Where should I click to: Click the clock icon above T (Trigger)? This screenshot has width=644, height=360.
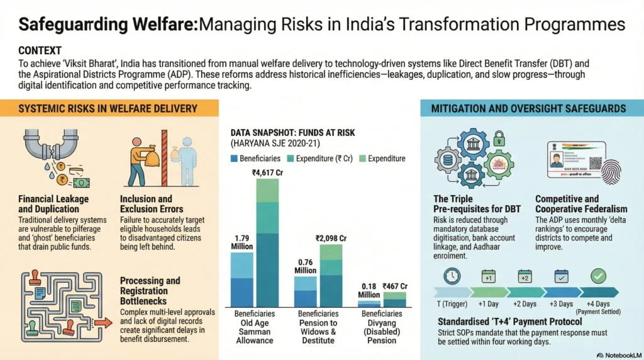(x=452, y=276)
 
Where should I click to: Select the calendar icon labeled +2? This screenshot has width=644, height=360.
(x=525, y=276)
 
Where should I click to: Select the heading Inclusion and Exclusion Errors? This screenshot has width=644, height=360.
(x=151, y=204)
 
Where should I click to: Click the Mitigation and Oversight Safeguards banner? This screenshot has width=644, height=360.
(x=528, y=109)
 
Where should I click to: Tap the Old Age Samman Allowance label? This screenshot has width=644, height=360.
(x=255, y=327)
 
